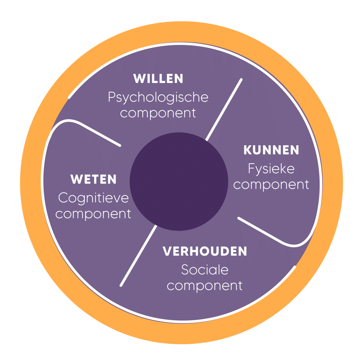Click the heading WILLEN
click(158, 79)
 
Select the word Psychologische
click(158, 97)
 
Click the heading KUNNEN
click(271, 150)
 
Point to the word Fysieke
click(271, 169)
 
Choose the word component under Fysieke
click(271, 184)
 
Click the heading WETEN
click(93, 180)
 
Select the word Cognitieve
click(93, 198)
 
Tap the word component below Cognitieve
click(93, 214)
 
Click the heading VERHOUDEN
click(205, 251)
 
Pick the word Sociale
click(205, 270)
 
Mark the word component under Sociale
click(205, 285)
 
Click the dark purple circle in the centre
click(179, 181)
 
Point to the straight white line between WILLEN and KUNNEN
click(224, 109)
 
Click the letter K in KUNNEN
click(247, 150)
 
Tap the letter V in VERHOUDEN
click(167, 251)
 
